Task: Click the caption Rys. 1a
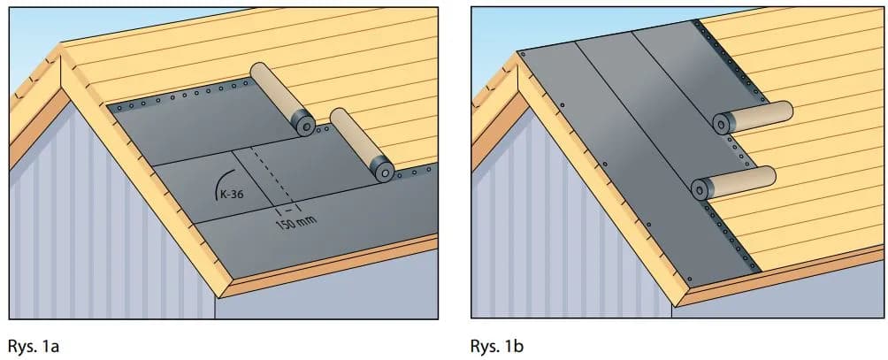(34, 346)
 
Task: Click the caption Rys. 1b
(496, 346)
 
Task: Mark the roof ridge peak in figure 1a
(61, 44)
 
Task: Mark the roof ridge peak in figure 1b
(518, 52)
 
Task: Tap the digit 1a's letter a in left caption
(55, 348)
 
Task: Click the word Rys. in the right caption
(485, 346)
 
